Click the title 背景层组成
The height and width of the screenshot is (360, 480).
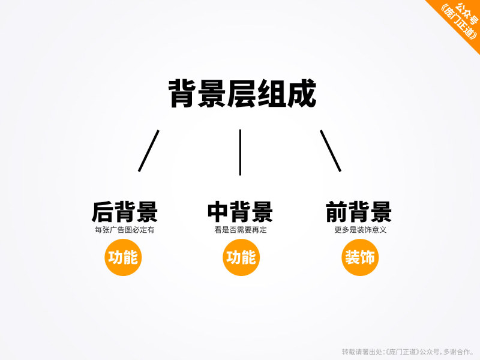click(242, 94)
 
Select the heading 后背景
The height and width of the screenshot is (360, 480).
click(125, 212)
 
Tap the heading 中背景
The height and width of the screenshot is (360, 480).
click(240, 212)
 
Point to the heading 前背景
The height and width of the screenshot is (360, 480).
click(358, 212)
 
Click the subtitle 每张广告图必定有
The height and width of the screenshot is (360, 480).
click(125, 230)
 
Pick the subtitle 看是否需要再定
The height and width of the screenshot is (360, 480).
click(240, 230)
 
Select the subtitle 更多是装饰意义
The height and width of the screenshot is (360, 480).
click(360, 230)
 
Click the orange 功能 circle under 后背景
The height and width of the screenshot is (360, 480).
click(122, 257)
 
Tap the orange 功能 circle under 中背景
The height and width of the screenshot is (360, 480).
click(241, 257)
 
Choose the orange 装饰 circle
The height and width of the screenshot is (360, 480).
click(359, 257)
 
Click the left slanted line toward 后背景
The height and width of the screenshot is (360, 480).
click(149, 151)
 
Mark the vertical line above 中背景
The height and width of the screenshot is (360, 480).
click(240, 152)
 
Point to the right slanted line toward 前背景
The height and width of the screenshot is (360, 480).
click(331, 151)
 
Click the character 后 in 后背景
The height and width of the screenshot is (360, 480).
click(103, 212)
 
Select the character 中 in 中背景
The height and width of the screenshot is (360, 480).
click(218, 212)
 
